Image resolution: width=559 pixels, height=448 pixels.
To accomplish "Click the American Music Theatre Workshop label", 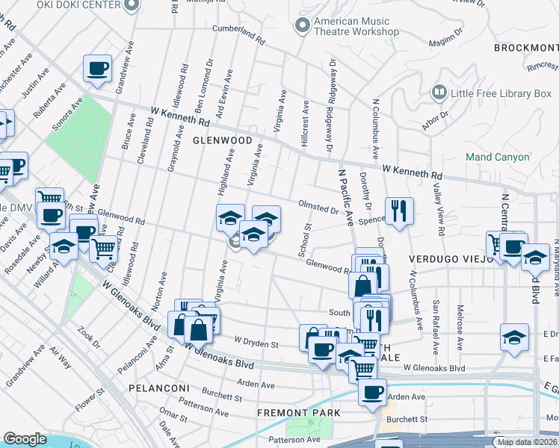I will [x=356, y=27].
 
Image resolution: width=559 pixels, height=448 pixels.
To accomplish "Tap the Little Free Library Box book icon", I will [x=439, y=93].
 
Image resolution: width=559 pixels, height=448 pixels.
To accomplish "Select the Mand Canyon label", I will [x=497, y=157].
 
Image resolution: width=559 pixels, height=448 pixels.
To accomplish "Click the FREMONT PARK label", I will [x=299, y=412].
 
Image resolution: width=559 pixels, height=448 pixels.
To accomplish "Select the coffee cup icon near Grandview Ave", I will [x=97, y=69].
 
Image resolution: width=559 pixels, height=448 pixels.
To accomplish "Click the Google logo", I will [x=25, y=439].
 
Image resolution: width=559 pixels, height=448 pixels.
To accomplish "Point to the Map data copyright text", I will [x=526, y=442].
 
